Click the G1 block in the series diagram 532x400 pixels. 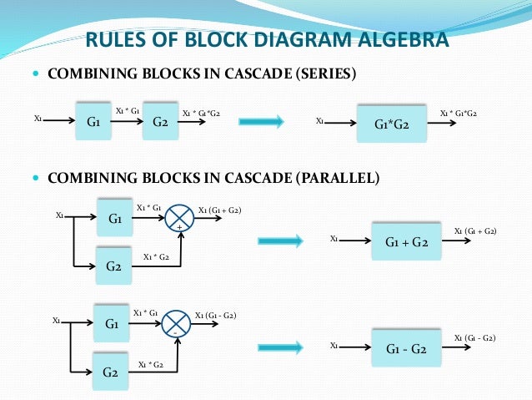tap(93, 121)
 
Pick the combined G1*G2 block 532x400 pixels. tap(391, 126)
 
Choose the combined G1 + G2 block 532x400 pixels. tap(406, 242)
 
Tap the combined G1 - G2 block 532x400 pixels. tap(406, 349)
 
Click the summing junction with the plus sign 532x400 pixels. tap(179, 219)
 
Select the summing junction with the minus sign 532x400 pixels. tap(175, 323)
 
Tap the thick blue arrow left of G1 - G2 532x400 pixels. tap(281, 348)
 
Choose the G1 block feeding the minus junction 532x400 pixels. tap(111, 322)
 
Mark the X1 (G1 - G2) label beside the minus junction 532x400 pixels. tap(215, 315)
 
